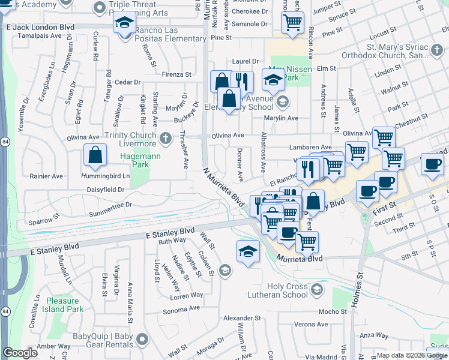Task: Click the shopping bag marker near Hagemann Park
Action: pyautogui.click(x=95, y=155)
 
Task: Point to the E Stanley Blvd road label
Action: pyautogui.click(x=170, y=231)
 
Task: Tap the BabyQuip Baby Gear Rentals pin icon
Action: pyautogui.click(x=142, y=340)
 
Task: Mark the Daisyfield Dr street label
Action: pyautogui.click(x=104, y=189)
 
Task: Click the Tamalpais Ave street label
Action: pyautogui.click(x=40, y=36)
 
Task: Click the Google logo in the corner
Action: pyautogui.click(x=20, y=353)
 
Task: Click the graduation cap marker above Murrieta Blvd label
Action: pyautogui.click(x=248, y=251)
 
